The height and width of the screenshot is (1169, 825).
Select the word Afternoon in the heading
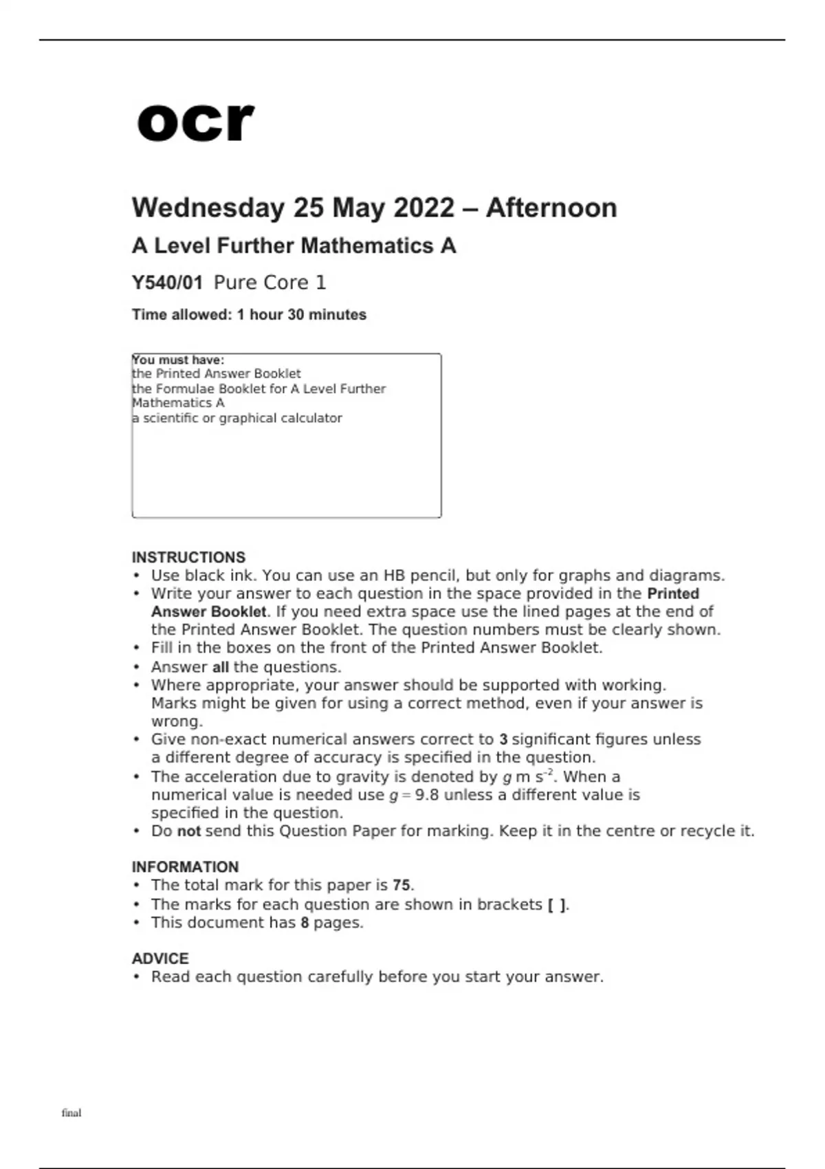(551, 208)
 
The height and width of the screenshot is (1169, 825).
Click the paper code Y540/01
(167, 283)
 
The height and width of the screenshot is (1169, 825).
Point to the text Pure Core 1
(269, 283)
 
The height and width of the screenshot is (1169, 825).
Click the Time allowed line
(249, 315)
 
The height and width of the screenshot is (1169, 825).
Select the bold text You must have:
(178, 360)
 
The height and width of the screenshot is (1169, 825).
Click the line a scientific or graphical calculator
(237, 418)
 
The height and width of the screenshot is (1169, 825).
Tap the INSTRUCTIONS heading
(188, 557)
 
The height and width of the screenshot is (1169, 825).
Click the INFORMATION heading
(185, 866)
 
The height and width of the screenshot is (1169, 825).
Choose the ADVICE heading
(159, 958)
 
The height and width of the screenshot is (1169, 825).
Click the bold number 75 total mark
(402, 885)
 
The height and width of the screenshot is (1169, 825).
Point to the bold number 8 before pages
(305, 923)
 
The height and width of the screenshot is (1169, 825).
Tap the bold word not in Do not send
(189, 831)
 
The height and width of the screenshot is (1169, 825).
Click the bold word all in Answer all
(220, 667)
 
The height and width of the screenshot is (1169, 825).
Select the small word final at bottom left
(71, 1113)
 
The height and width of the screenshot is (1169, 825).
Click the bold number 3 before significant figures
(503, 740)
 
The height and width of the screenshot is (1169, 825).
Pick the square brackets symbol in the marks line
(558, 905)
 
